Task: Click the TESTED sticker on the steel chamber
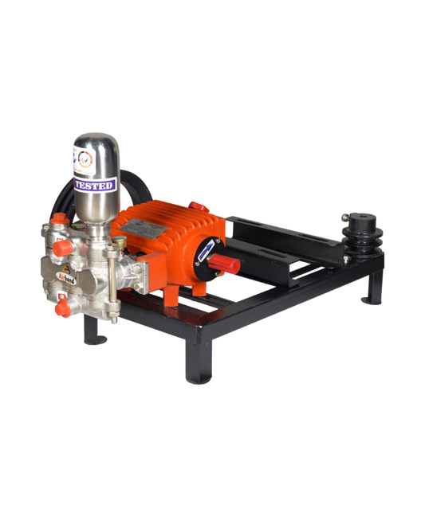95,184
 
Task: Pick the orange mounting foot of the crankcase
171,294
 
